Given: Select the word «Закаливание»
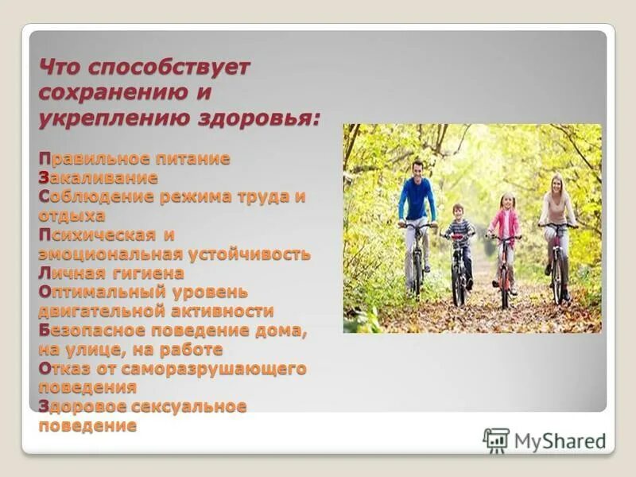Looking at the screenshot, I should [98, 177].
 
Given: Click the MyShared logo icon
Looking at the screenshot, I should [496, 440].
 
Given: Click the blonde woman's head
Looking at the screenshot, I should [557, 183].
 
